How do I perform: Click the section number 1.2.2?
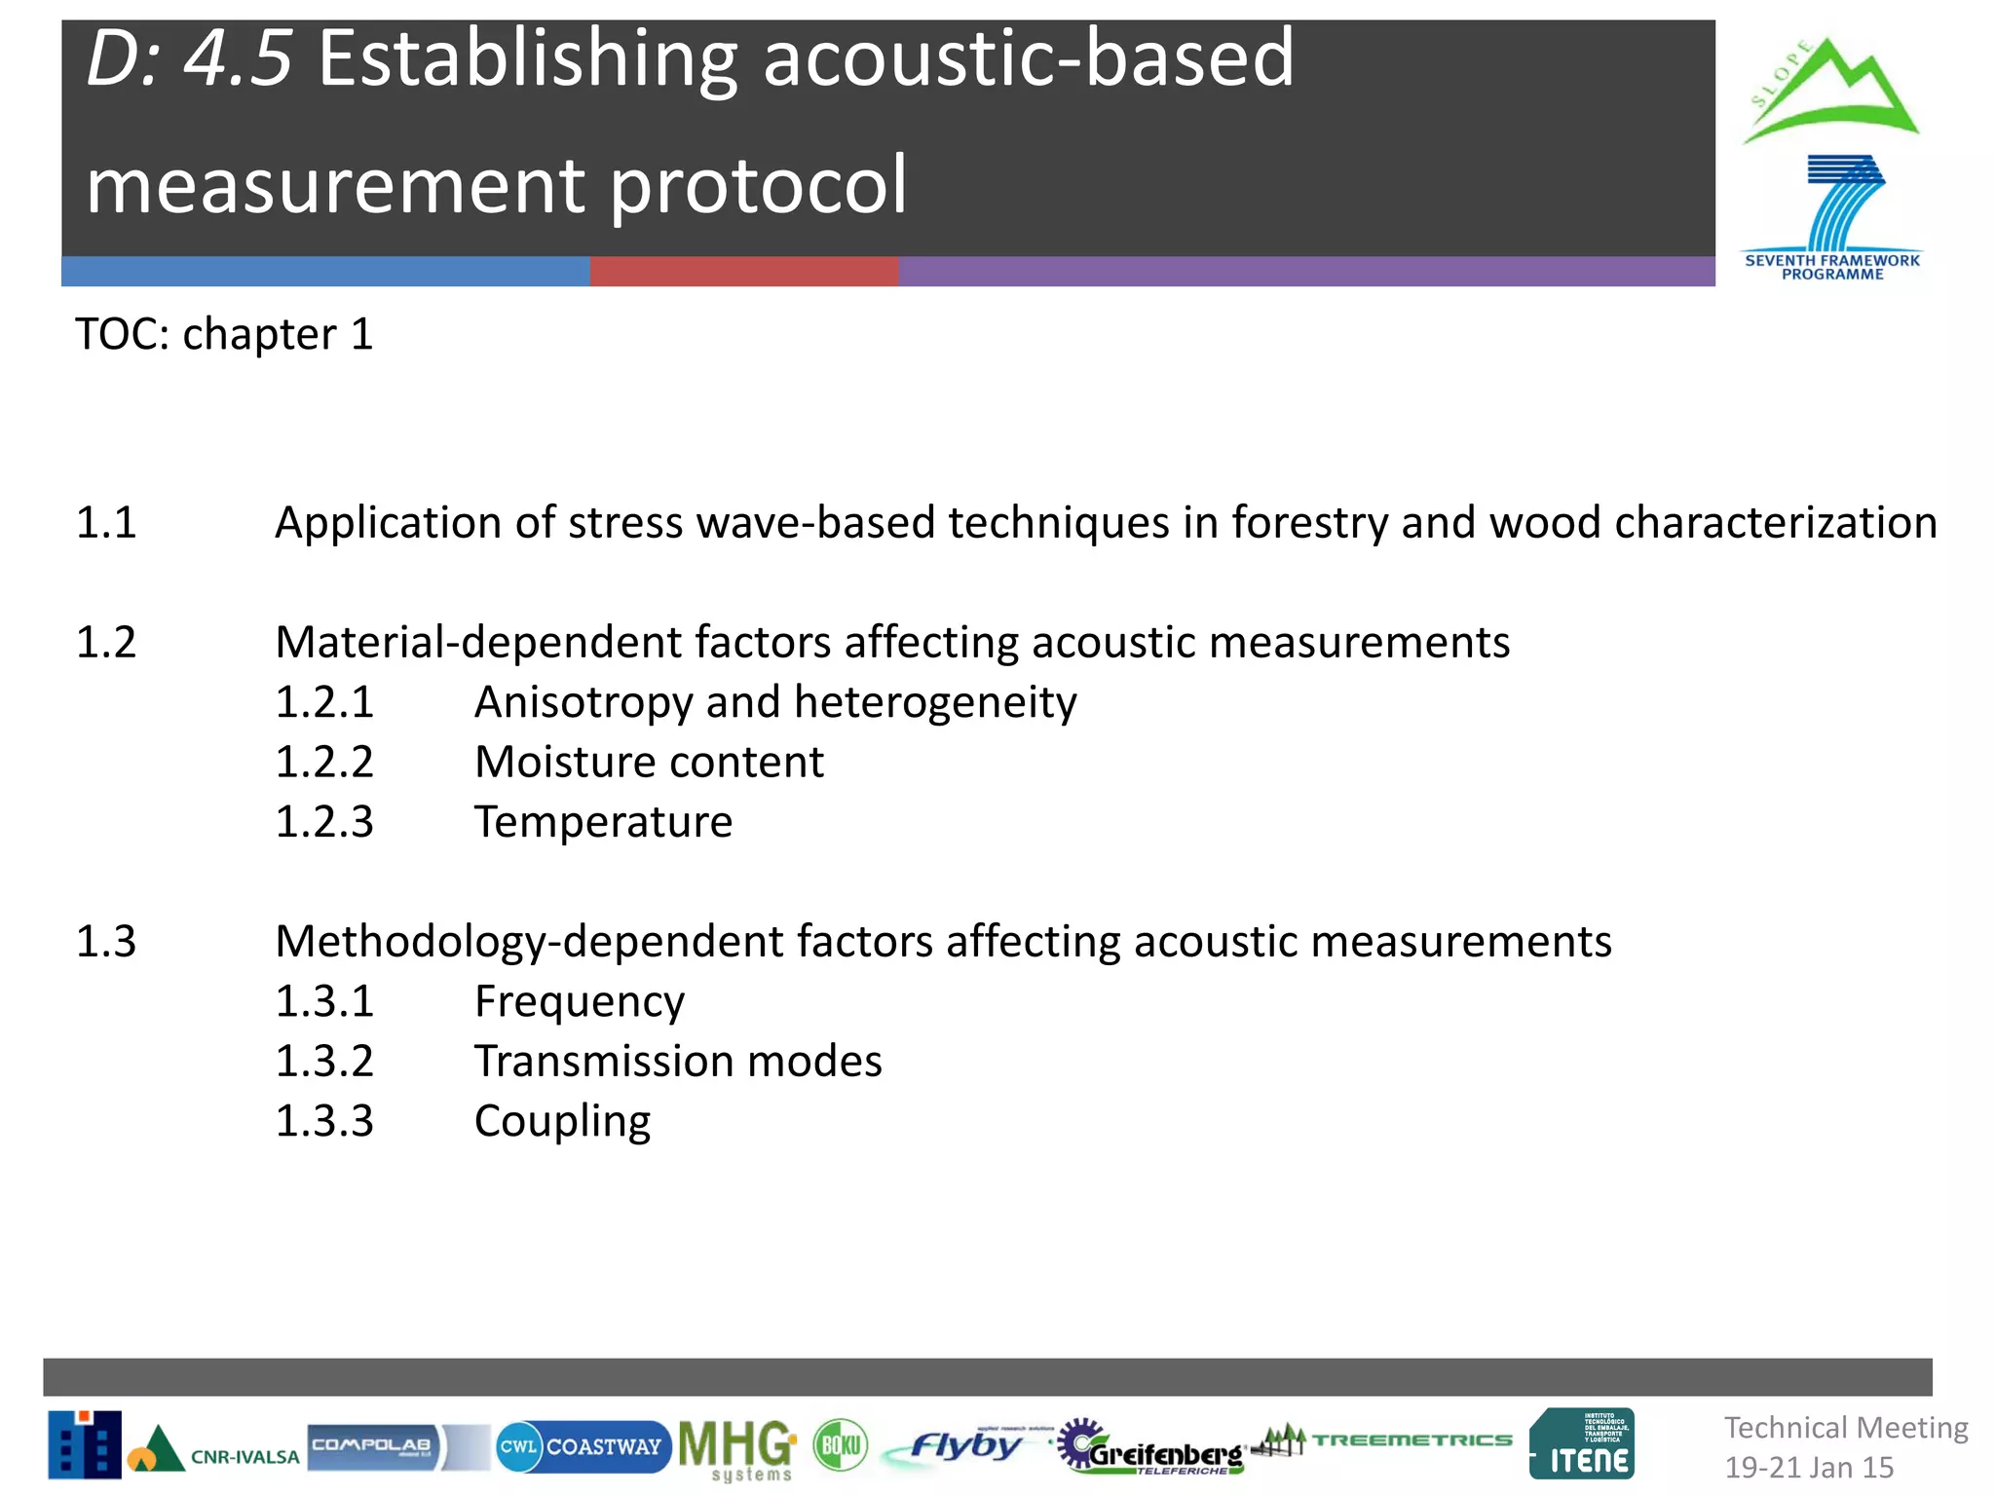pos(324,763)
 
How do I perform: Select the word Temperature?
pos(603,822)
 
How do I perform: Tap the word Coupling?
pos(562,1122)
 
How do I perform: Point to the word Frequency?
pos(580,1002)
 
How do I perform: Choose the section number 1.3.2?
pos(324,1062)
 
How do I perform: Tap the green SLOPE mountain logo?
pos(1829,93)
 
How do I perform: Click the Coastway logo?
pos(583,1447)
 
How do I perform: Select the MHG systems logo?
pos(737,1449)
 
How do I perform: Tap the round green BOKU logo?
pos(840,1445)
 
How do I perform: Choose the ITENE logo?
pos(1582,1445)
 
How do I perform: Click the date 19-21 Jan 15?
pos(1809,1468)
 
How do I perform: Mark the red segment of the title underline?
pos(743,272)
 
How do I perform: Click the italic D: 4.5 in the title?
pos(189,60)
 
